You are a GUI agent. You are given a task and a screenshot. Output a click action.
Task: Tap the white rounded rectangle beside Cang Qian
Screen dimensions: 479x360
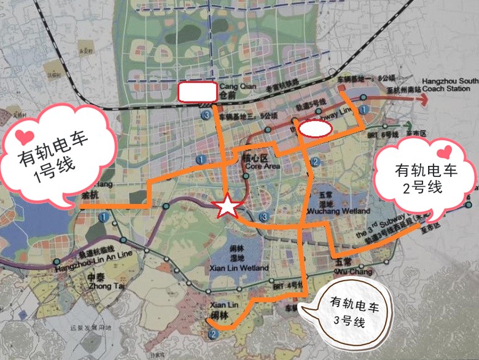197,92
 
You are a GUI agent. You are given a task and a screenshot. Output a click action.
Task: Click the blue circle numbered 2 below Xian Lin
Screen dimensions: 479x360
212,334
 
